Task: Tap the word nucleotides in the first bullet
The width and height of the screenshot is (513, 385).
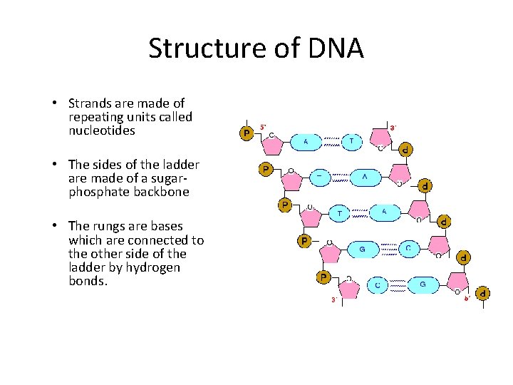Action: pos(102,130)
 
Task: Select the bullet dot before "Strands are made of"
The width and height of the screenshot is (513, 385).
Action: pos(56,104)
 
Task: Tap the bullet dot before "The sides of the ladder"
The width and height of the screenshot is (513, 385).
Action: pos(56,165)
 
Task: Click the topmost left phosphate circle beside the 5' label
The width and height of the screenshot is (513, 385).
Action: pos(247,133)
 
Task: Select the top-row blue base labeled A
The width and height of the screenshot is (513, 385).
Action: pos(306,142)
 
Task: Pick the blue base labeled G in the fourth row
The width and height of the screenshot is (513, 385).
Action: pos(363,249)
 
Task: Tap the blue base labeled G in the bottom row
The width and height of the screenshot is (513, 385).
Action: pos(423,285)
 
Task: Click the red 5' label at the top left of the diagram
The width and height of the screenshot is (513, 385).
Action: pos(262,127)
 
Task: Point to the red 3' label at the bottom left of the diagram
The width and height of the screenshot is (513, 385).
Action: pos(333,300)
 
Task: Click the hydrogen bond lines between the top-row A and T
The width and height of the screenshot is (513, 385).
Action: pos(331,142)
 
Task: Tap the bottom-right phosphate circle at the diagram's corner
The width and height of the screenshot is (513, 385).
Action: pos(482,293)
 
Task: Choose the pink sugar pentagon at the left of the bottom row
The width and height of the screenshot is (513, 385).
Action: pos(349,289)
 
